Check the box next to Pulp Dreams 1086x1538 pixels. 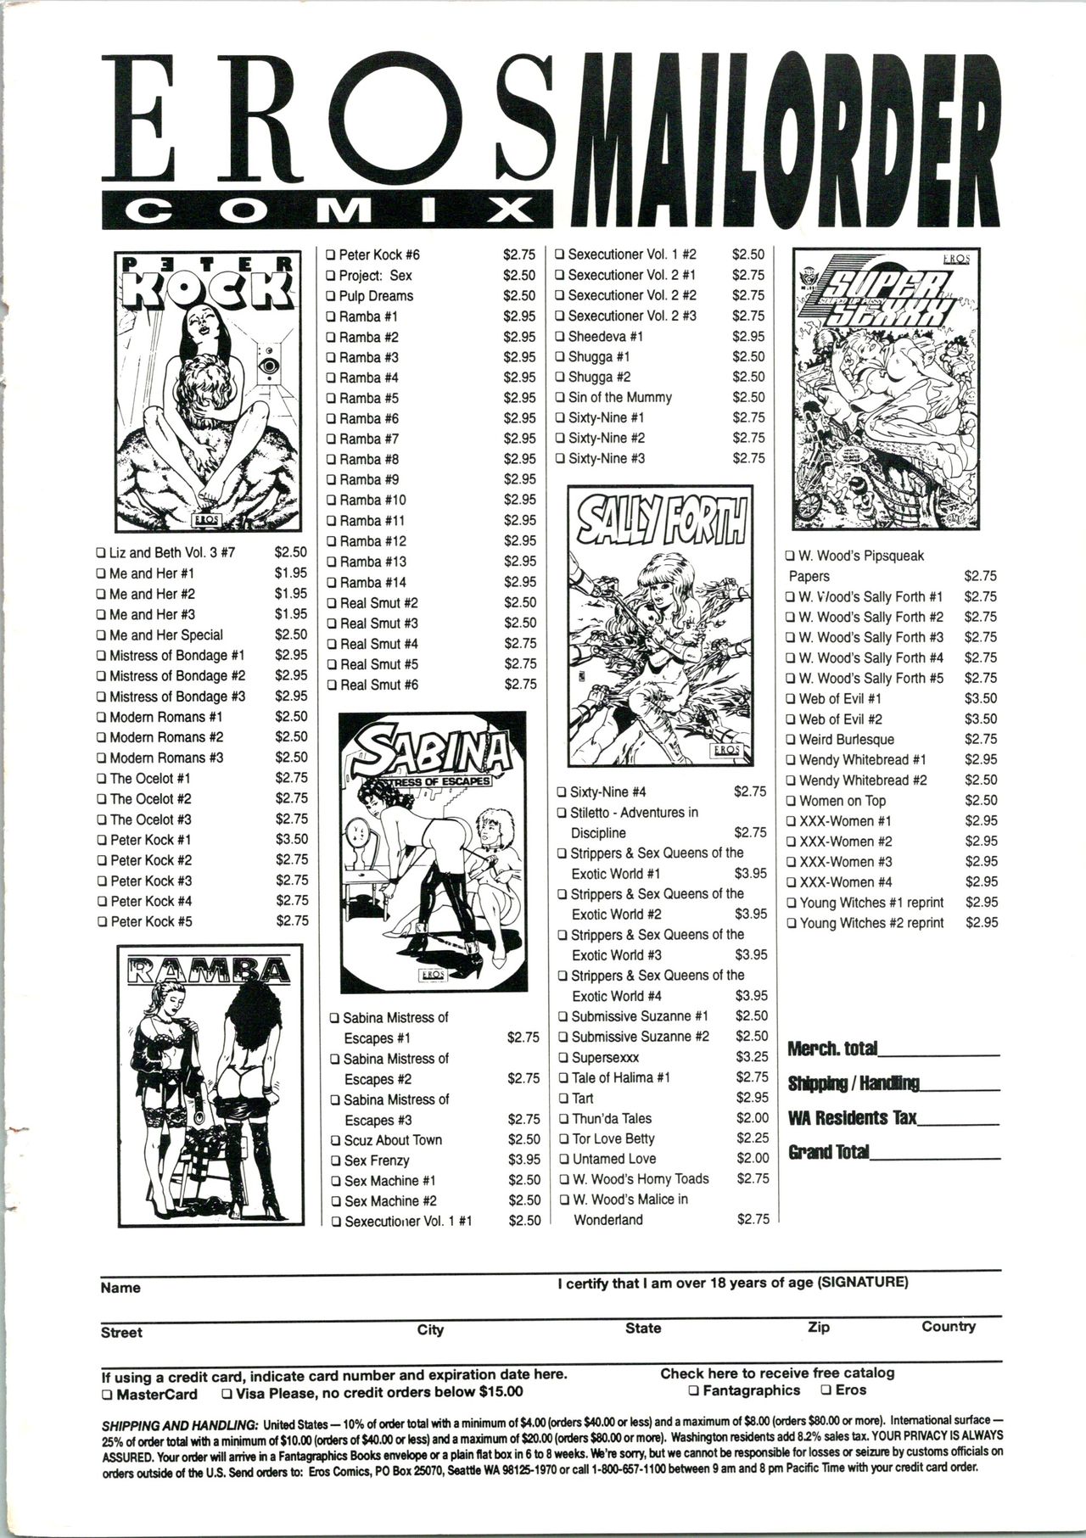pyautogui.click(x=331, y=296)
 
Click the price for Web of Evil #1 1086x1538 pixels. pyautogui.click(x=981, y=698)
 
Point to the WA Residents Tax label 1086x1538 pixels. pyautogui.click(x=852, y=1117)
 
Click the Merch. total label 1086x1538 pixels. pyautogui.click(x=831, y=1049)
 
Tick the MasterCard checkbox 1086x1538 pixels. pyautogui.click(x=106, y=1394)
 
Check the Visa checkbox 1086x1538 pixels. pyautogui.click(x=227, y=1393)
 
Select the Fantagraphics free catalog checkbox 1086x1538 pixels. pyautogui.click(x=693, y=1390)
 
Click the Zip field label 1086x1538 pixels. pyautogui.click(x=819, y=1328)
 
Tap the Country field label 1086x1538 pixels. pyautogui.click(x=949, y=1327)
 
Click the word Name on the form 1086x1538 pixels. pyautogui.click(x=120, y=1288)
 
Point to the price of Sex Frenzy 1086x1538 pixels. pyautogui.click(x=523, y=1160)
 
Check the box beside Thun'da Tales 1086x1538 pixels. pyautogui.click(x=563, y=1119)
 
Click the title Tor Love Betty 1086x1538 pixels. pyautogui.click(x=613, y=1138)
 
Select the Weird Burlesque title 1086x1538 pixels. pyautogui.click(x=846, y=740)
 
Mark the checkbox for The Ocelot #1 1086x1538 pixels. pyautogui.click(x=102, y=779)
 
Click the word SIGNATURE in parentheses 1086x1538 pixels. pyautogui.click(x=863, y=1282)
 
